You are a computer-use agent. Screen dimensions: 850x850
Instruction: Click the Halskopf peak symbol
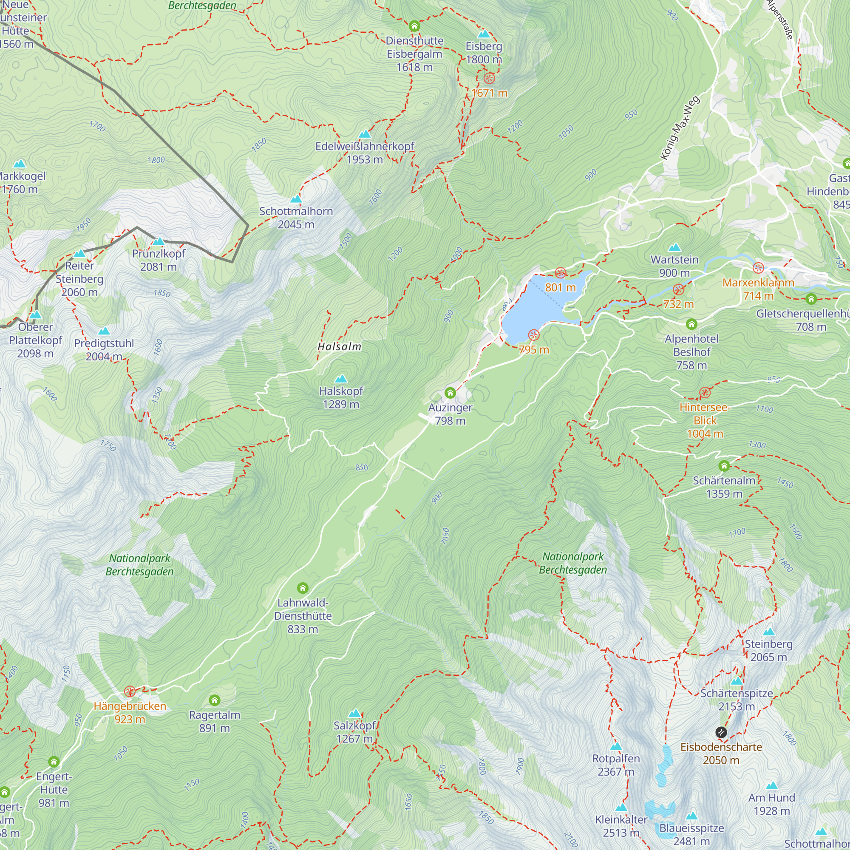(x=341, y=379)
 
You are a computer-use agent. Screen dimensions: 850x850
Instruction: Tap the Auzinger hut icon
(x=450, y=392)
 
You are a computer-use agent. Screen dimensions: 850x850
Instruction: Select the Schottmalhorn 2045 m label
(x=296, y=218)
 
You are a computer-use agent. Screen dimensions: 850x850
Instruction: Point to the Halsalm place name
(x=339, y=347)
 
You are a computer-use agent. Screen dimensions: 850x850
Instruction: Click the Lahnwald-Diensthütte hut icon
(x=302, y=588)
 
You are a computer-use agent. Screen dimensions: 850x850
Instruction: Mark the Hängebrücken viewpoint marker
(x=129, y=691)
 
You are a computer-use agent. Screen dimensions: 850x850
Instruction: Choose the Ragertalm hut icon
(x=214, y=700)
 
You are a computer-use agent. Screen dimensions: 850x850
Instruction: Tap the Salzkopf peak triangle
(x=354, y=713)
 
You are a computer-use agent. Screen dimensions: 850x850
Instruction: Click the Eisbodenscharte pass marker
(x=721, y=732)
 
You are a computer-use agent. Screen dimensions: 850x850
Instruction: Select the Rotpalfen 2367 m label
(x=616, y=765)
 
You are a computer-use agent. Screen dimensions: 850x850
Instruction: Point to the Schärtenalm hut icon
(x=724, y=465)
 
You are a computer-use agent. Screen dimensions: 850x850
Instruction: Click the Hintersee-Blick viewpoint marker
(x=705, y=392)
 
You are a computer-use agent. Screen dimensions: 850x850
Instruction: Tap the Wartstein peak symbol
(x=674, y=247)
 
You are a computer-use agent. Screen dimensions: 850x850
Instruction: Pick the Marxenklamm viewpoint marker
(x=758, y=267)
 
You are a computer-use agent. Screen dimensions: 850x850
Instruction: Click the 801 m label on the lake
(x=560, y=288)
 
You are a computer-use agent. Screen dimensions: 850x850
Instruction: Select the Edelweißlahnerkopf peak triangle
(x=364, y=134)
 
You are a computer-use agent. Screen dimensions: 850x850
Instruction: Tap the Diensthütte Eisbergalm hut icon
(x=414, y=26)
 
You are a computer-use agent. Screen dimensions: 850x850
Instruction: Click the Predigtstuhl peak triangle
(x=104, y=331)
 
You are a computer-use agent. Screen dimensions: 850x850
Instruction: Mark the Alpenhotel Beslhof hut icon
(x=691, y=324)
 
